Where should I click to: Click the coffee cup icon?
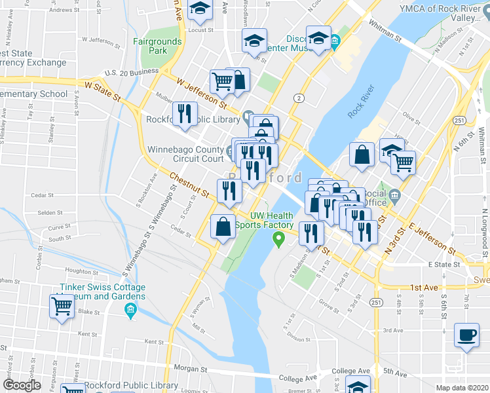coord(467,335)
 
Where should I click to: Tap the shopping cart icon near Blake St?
coord(62,305)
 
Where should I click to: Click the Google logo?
coord(22,385)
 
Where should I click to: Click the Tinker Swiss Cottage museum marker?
coord(130,308)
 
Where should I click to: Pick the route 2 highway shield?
coord(299,98)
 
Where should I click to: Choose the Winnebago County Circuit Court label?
coord(185,153)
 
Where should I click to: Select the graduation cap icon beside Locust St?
coord(200,9)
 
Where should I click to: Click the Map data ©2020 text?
coord(462,388)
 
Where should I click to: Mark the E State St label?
coord(444,265)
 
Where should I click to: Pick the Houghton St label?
coord(81,271)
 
